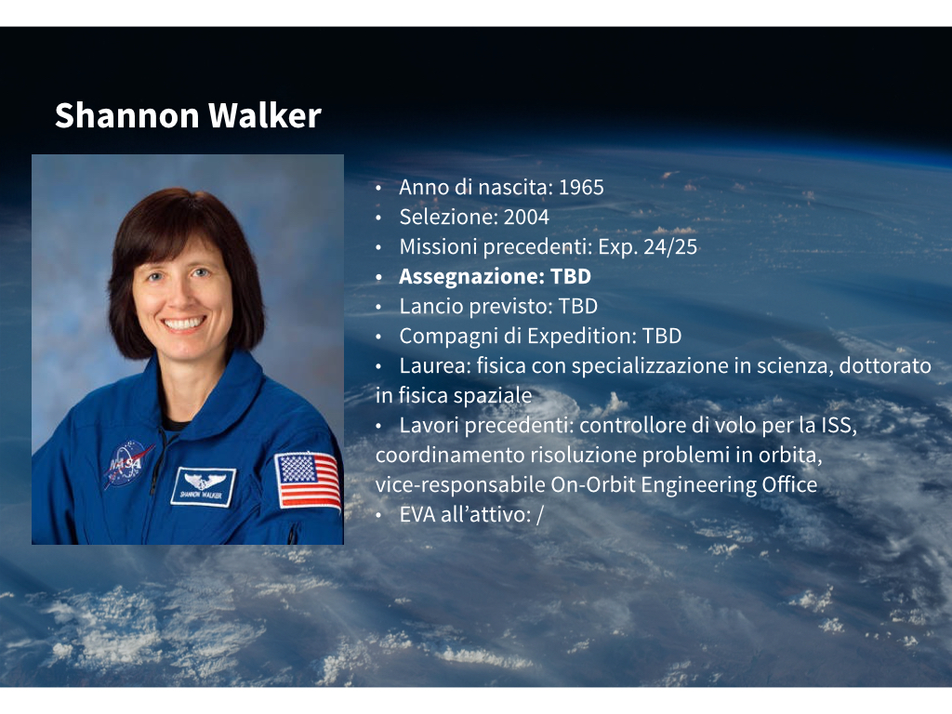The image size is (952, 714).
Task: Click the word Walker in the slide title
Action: pyautogui.click(x=265, y=115)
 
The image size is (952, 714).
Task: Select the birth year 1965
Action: pyautogui.click(x=581, y=188)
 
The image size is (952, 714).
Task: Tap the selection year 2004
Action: pyautogui.click(x=526, y=218)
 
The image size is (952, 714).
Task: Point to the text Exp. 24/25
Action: pyautogui.click(x=648, y=247)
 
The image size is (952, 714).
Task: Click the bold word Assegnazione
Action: pyautogui.click(x=471, y=276)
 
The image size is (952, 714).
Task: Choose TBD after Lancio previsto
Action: pyautogui.click(x=578, y=306)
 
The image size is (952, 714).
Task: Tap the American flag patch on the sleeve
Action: pyautogui.click(x=309, y=481)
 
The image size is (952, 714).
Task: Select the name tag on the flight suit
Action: pyautogui.click(x=204, y=486)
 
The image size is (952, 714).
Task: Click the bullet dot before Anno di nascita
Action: pyautogui.click(x=378, y=188)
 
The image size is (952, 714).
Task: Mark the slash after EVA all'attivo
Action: pyautogui.click(x=540, y=515)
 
